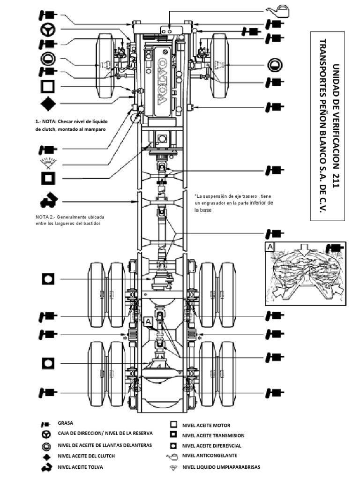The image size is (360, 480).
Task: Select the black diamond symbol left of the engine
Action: tap(48, 103)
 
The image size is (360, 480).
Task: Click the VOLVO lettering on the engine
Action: tap(161, 81)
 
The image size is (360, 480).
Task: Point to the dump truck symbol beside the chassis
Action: tap(48, 201)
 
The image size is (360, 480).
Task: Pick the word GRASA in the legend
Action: tap(65, 423)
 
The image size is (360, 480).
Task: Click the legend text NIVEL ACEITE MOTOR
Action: tap(206, 426)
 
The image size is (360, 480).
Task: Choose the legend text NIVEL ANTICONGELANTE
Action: tap(209, 456)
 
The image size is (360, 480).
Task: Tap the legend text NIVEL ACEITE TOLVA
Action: tap(80, 467)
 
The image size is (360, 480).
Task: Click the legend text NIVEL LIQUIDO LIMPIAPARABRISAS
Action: tap(221, 467)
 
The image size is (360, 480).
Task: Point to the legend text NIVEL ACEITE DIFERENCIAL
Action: tap(211, 446)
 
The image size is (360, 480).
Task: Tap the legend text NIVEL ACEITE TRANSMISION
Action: tap(213, 435)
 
